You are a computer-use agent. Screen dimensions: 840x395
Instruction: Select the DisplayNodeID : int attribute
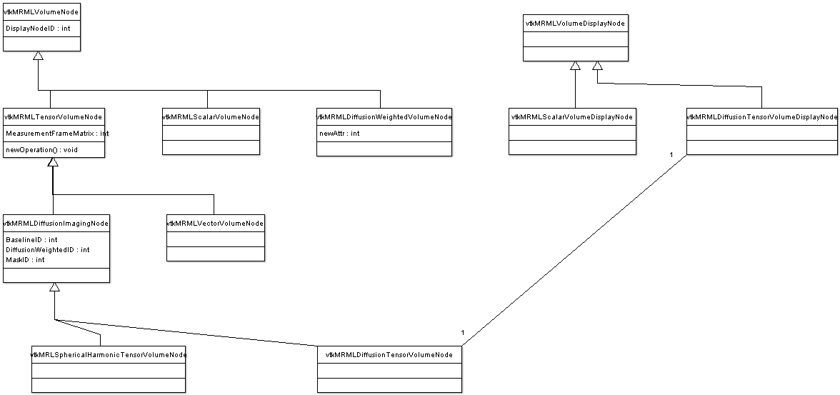tap(38, 29)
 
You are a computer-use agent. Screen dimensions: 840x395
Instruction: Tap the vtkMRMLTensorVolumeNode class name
tap(53, 116)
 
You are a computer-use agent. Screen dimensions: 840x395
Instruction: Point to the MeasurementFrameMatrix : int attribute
tap(57, 133)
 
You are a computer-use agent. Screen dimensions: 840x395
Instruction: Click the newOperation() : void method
tap(41, 149)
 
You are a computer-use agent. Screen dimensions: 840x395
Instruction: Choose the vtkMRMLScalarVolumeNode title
tap(211, 116)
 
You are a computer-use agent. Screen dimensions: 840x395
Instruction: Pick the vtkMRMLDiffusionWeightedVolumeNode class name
tap(384, 116)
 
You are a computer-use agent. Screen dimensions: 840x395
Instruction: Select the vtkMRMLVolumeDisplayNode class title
tap(576, 24)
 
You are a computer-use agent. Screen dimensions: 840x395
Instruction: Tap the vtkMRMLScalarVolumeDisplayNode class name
tap(572, 116)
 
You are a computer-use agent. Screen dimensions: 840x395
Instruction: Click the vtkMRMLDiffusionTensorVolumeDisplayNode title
tap(761, 116)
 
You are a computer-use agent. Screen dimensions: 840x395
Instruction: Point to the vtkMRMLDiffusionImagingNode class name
tap(56, 223)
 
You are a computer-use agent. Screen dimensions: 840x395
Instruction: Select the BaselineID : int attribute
tap(31, 239)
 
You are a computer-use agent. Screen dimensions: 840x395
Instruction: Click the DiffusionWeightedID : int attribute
tap(48, 250)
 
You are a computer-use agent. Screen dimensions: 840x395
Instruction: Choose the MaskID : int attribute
tap(25, 260)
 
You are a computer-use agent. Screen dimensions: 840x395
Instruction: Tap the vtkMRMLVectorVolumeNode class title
tap(216, 223)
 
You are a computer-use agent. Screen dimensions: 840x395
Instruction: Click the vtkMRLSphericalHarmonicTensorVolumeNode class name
tap(109, 354)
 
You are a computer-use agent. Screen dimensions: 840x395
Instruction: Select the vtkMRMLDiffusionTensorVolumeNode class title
tap(389, 354)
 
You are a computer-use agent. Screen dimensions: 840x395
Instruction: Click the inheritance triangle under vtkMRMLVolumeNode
tap(38, 56)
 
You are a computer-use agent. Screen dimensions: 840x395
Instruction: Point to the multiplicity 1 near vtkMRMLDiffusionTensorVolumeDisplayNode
tap(671, 155)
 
